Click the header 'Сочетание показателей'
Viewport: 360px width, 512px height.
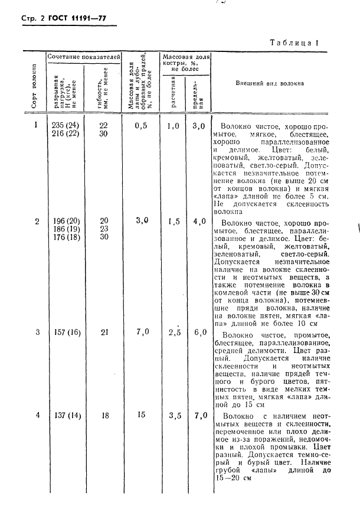click(x=84, y=56)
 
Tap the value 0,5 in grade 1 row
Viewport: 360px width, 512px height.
click(x=141, y=126)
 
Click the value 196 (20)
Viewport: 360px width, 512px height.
click(x=65, y=220)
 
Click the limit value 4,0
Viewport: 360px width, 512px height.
click(x=198, y=221)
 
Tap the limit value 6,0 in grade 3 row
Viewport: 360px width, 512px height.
click(x=198, y=332)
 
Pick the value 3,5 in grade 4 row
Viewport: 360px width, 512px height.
click(x=174, y=416)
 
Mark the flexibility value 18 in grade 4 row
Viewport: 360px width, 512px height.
click(x=104, y=415)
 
